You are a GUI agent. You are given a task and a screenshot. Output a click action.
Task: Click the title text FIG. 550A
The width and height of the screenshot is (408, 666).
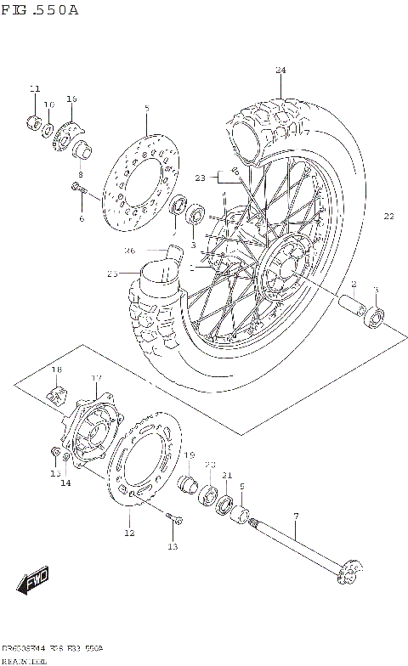pos(40,10)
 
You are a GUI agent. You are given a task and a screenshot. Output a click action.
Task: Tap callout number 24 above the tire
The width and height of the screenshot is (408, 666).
pos(280,70)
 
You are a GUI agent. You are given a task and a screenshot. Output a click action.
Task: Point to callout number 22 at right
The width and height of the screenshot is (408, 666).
pos(388,216)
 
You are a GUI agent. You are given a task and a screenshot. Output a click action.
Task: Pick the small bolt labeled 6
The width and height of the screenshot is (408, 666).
pos(78,189)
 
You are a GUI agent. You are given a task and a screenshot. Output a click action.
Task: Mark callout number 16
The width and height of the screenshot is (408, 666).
pos(71,99)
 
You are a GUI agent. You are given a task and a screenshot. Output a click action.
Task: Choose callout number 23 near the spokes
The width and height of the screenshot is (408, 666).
pos(201,178)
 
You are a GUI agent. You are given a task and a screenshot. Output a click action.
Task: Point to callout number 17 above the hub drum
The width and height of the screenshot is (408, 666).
pos(97,378)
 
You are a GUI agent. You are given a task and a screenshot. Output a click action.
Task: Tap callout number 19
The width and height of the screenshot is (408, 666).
pos(190,455)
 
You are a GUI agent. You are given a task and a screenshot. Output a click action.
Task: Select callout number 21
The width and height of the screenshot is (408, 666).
pos(227,474)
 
